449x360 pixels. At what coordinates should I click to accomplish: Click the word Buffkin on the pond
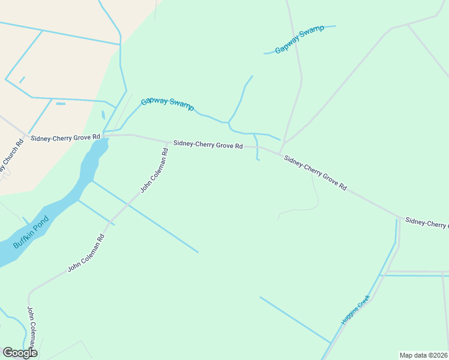click(x=23, y=239)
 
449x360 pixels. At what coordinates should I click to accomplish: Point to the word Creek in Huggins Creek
click(x=364, y=300)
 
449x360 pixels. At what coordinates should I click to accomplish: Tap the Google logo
click(x=20, y=353)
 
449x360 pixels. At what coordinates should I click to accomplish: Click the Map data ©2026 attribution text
click(x=423, y=355)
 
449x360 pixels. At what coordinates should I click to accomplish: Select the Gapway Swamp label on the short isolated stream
click(x=300, y=40)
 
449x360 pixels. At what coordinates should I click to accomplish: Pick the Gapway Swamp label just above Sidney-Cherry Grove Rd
click(x=167, y=104)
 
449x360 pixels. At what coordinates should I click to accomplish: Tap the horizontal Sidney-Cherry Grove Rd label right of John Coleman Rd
click(x=208, y=145)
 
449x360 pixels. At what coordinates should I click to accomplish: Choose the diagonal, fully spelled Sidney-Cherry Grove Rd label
click(x=315, y=173)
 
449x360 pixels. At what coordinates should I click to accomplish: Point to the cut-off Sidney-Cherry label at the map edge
click(x=427, y=223)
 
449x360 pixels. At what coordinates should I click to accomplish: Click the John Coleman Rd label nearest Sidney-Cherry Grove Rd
click(x=154, y=170)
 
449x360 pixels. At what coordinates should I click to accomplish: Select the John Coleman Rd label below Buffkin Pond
click(x=86, y=253)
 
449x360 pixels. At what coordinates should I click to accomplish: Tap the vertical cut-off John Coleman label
click(x=32, y=327)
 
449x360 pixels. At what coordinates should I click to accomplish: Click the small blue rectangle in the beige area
click(x=61, y=104)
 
